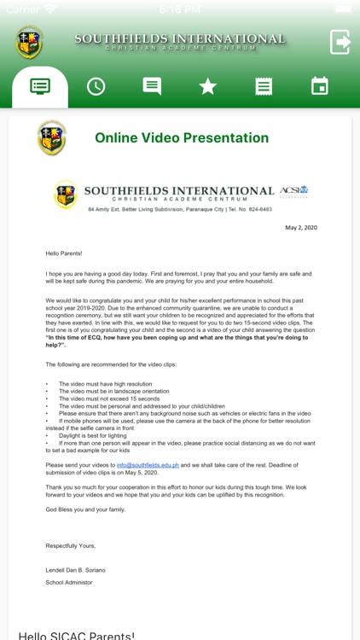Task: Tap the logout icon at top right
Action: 340,42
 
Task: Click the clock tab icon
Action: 96,86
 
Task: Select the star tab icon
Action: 207,86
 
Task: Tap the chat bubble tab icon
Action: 152,86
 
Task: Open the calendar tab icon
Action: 319,86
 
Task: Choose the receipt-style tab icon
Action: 264,86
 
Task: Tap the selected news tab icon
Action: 40,86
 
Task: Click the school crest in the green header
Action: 29,42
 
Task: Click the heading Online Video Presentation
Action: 182,138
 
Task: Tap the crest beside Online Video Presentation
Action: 52,138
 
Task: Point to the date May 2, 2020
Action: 300,228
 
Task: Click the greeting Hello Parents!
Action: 63,253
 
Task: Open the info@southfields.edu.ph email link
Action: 148,464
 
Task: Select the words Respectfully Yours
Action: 71,545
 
